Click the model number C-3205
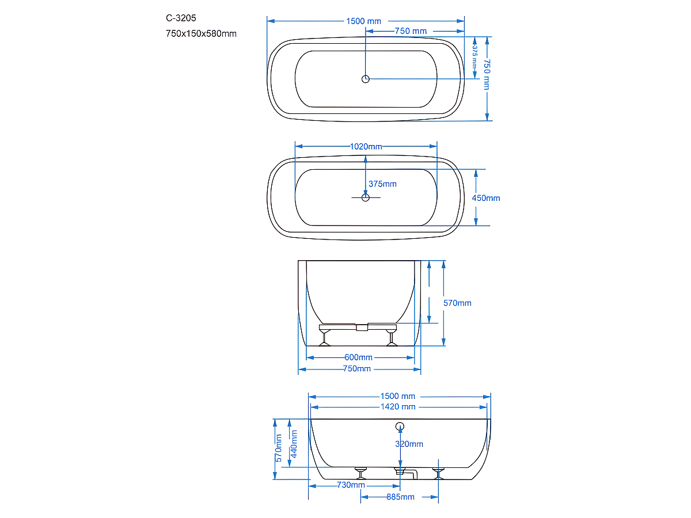[181, 18]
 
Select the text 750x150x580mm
[201, 33]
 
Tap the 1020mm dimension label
[366, 146]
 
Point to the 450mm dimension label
[486, 198]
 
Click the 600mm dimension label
[358, 357]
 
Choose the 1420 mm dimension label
[398, 407]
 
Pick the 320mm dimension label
[409, 444]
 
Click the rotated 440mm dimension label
[294, 444]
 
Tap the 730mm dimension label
[351, 485]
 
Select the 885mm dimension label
[400, 497]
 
